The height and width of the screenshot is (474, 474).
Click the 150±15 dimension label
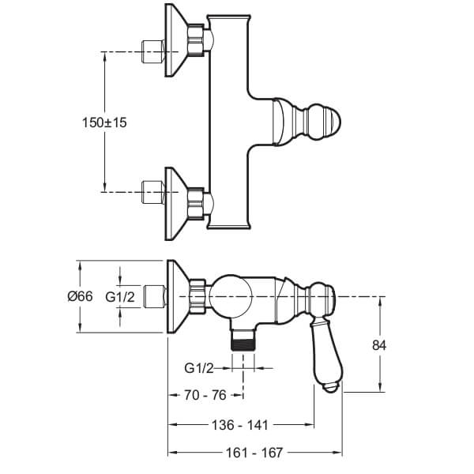click(x=105, y=122)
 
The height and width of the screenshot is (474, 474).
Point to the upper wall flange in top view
click(x=177, y=42)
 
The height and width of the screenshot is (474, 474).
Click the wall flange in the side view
click(x=178, y=298)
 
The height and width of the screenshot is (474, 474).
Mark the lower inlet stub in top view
click(x=153, y=190)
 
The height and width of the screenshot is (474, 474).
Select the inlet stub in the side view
click(x=153, y=298)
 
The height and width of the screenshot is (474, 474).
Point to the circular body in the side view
click(x=238, y=297)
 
